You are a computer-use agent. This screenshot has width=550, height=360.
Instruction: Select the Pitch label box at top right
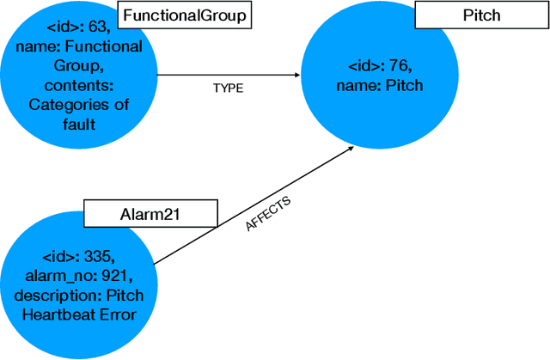(x=481, y=15)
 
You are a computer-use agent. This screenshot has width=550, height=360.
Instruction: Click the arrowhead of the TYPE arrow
(x=301, y=75)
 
